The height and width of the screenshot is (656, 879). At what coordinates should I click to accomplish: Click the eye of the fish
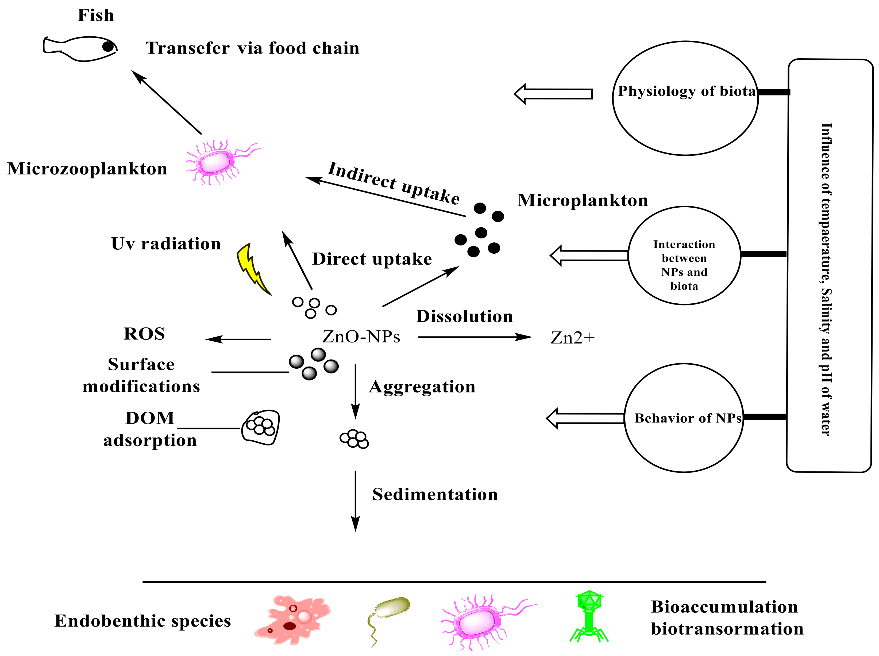point(107,47)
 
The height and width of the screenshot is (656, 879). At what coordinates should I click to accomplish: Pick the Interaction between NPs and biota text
point(684,265)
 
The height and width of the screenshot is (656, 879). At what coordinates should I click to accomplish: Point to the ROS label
point(144,334)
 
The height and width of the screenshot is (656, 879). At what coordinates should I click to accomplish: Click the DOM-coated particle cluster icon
point(261,427)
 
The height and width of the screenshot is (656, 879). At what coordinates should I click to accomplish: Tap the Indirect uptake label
point(394,183)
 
